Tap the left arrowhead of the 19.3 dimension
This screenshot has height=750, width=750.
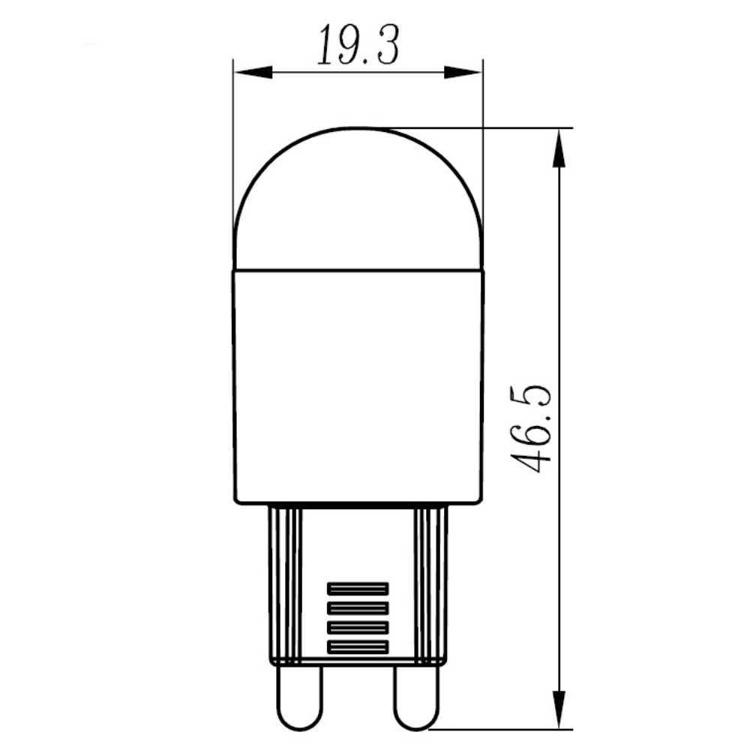(x=252, y=73)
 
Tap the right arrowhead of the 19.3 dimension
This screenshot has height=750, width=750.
(x=462, y=73)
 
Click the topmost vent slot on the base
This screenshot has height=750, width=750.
(x=358, y=589)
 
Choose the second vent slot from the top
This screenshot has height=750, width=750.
(x=358, y=607)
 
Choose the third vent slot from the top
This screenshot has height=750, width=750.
(x=358, y=627)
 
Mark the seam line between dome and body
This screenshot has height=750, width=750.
(x=358, y=268)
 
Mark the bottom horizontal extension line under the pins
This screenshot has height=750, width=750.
(x=502, y=727)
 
